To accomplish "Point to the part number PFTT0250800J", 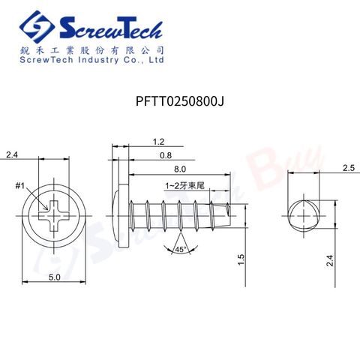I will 180,100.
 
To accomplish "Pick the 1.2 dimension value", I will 158,142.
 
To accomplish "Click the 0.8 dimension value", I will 164,155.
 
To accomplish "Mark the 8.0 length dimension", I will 180,169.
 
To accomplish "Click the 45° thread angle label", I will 180,248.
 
